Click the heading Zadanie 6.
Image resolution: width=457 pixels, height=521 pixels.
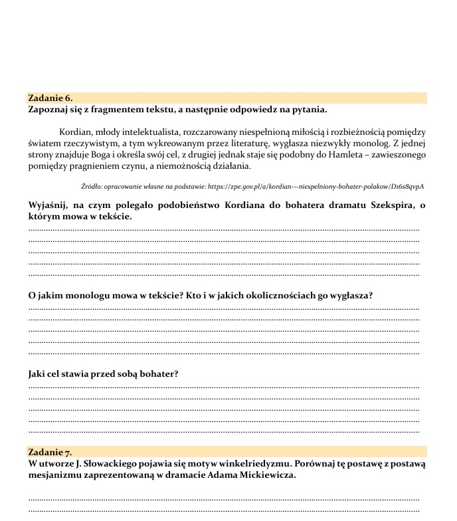[x=50, y=98]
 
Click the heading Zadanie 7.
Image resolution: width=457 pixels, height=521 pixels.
[x=50, y=453]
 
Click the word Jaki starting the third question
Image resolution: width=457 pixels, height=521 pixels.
[x=39, y=373]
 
